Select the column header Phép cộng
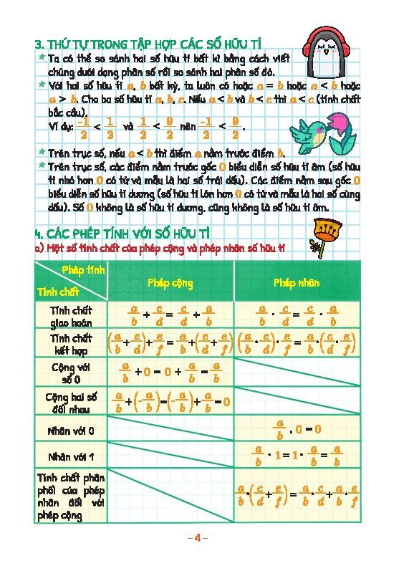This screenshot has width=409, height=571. pos(170,283)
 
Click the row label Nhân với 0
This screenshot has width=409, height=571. pos(71,431)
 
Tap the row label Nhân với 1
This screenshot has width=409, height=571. pos(71,456)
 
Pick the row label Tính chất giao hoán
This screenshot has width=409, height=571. pos(71,316)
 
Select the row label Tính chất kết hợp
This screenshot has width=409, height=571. pos(71,344)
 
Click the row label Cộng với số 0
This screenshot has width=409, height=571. pos(71,372)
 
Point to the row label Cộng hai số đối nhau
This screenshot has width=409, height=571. pos(71,401)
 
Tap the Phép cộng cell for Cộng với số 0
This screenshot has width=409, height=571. pos(170,372)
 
